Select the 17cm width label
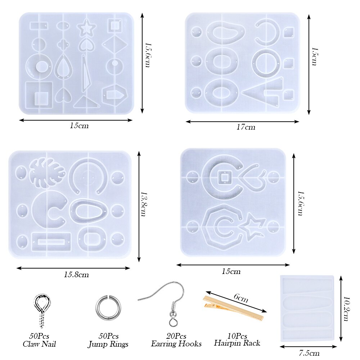(246, 127)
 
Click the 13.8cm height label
(143, 204)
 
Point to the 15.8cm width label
(76, 275)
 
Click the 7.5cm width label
(309, 353)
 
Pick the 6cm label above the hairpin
(241, 298)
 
